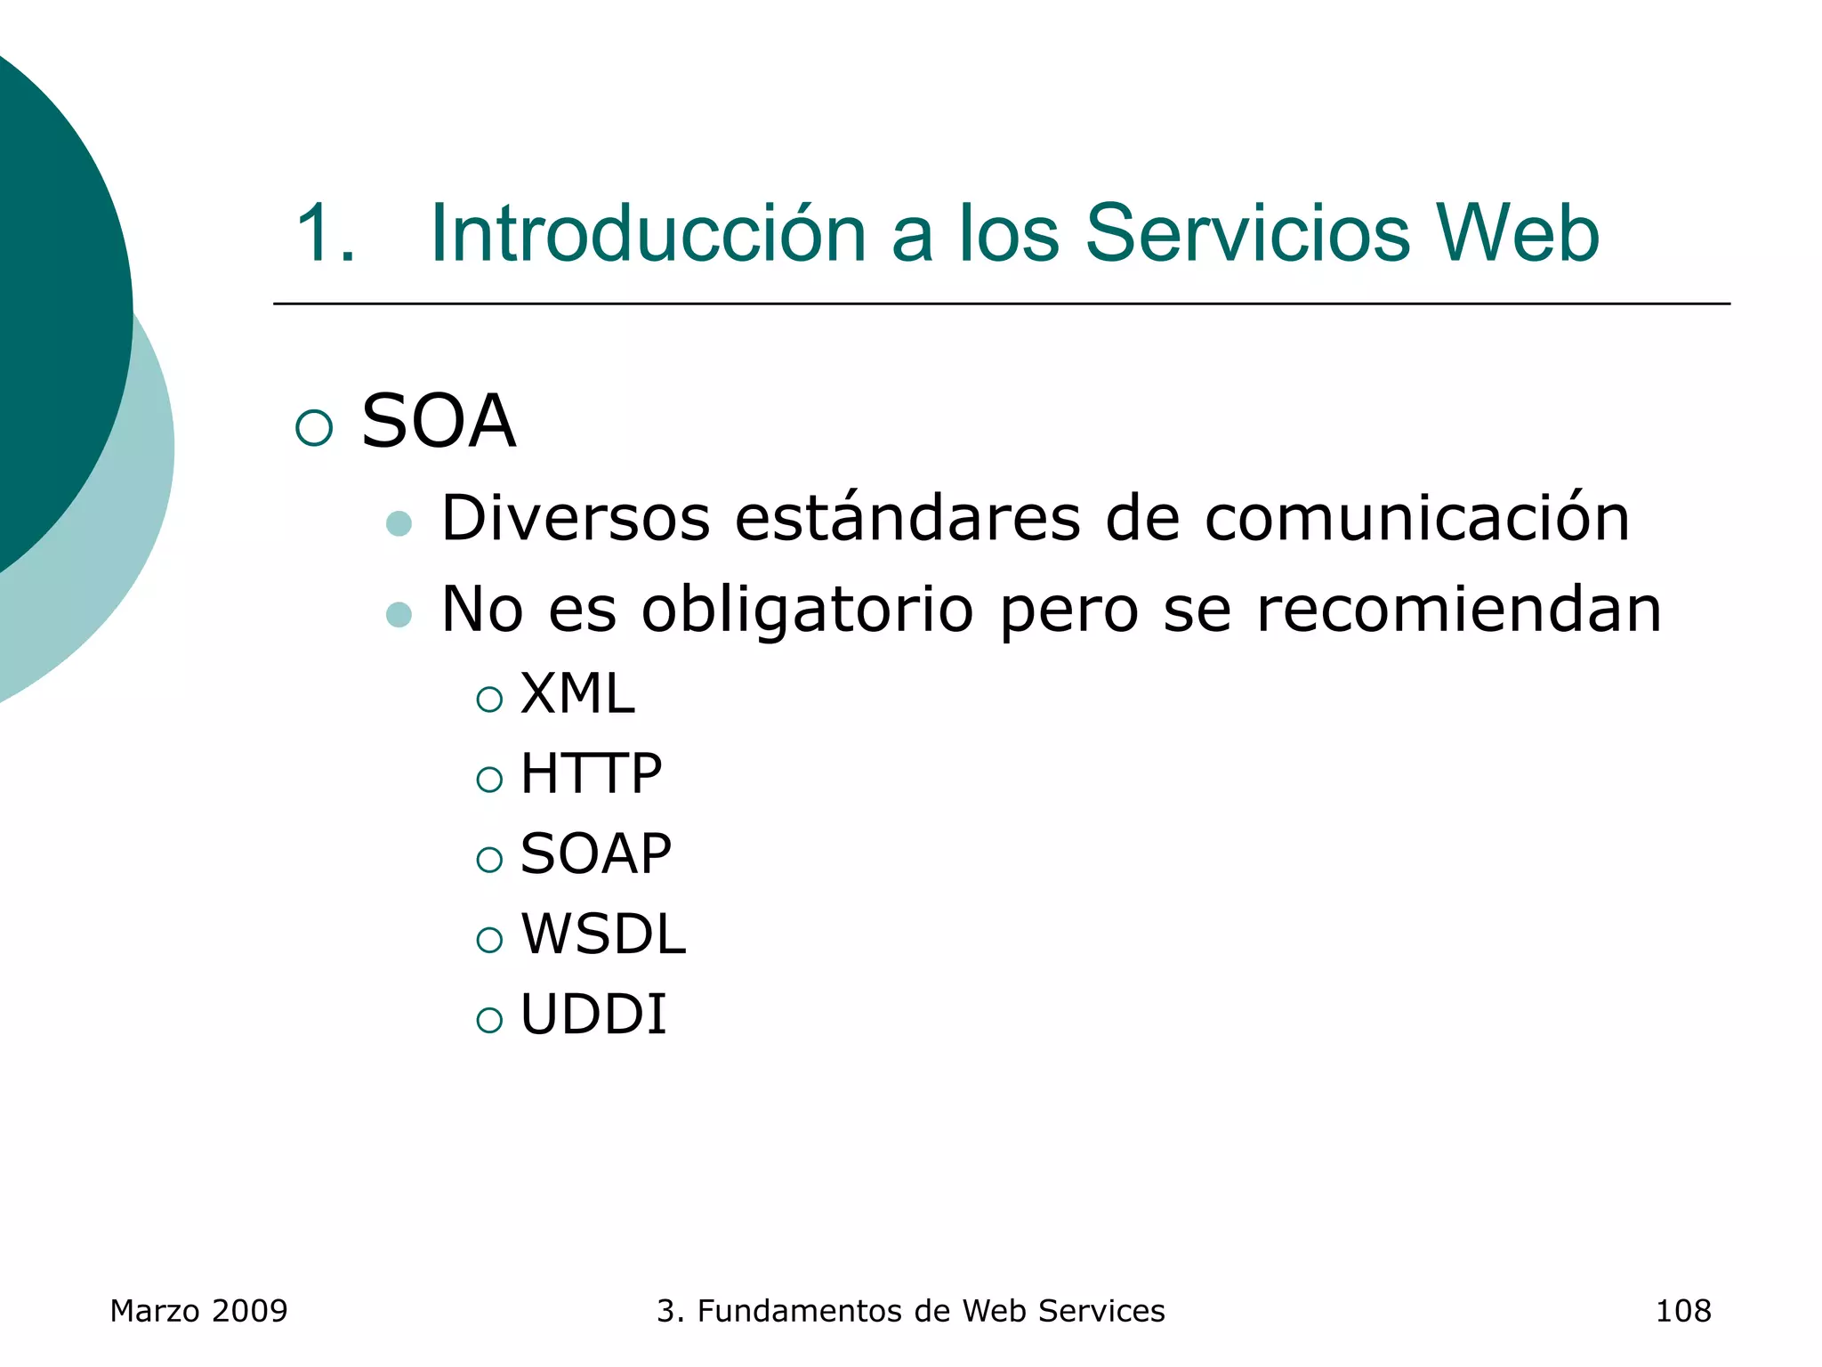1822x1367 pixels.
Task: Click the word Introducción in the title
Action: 648,233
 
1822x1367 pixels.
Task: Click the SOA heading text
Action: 438,421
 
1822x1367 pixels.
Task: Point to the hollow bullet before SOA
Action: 314,428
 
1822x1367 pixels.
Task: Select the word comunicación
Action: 1416,517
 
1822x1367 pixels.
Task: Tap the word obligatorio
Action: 807,610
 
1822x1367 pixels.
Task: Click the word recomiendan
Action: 1458,610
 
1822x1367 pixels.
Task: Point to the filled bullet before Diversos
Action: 399,523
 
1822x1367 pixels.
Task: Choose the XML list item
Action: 576,693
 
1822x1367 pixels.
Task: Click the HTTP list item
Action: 591,773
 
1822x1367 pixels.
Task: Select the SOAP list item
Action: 595,853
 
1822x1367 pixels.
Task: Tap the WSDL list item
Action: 602,934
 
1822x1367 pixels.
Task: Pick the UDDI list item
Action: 593,1014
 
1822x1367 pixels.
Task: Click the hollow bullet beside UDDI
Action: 489,1020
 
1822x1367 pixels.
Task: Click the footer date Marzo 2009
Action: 198,1311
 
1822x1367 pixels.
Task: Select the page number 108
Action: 1682,1311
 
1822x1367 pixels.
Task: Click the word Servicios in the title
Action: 1247,233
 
